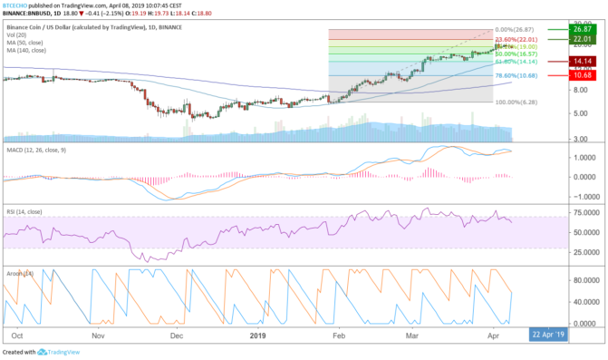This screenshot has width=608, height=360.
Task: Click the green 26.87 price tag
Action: (582, 30)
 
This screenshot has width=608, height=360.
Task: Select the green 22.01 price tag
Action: (582, 40)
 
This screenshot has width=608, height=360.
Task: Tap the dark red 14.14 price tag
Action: (582, 61)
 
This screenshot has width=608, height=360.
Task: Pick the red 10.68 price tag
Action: (582, 74)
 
